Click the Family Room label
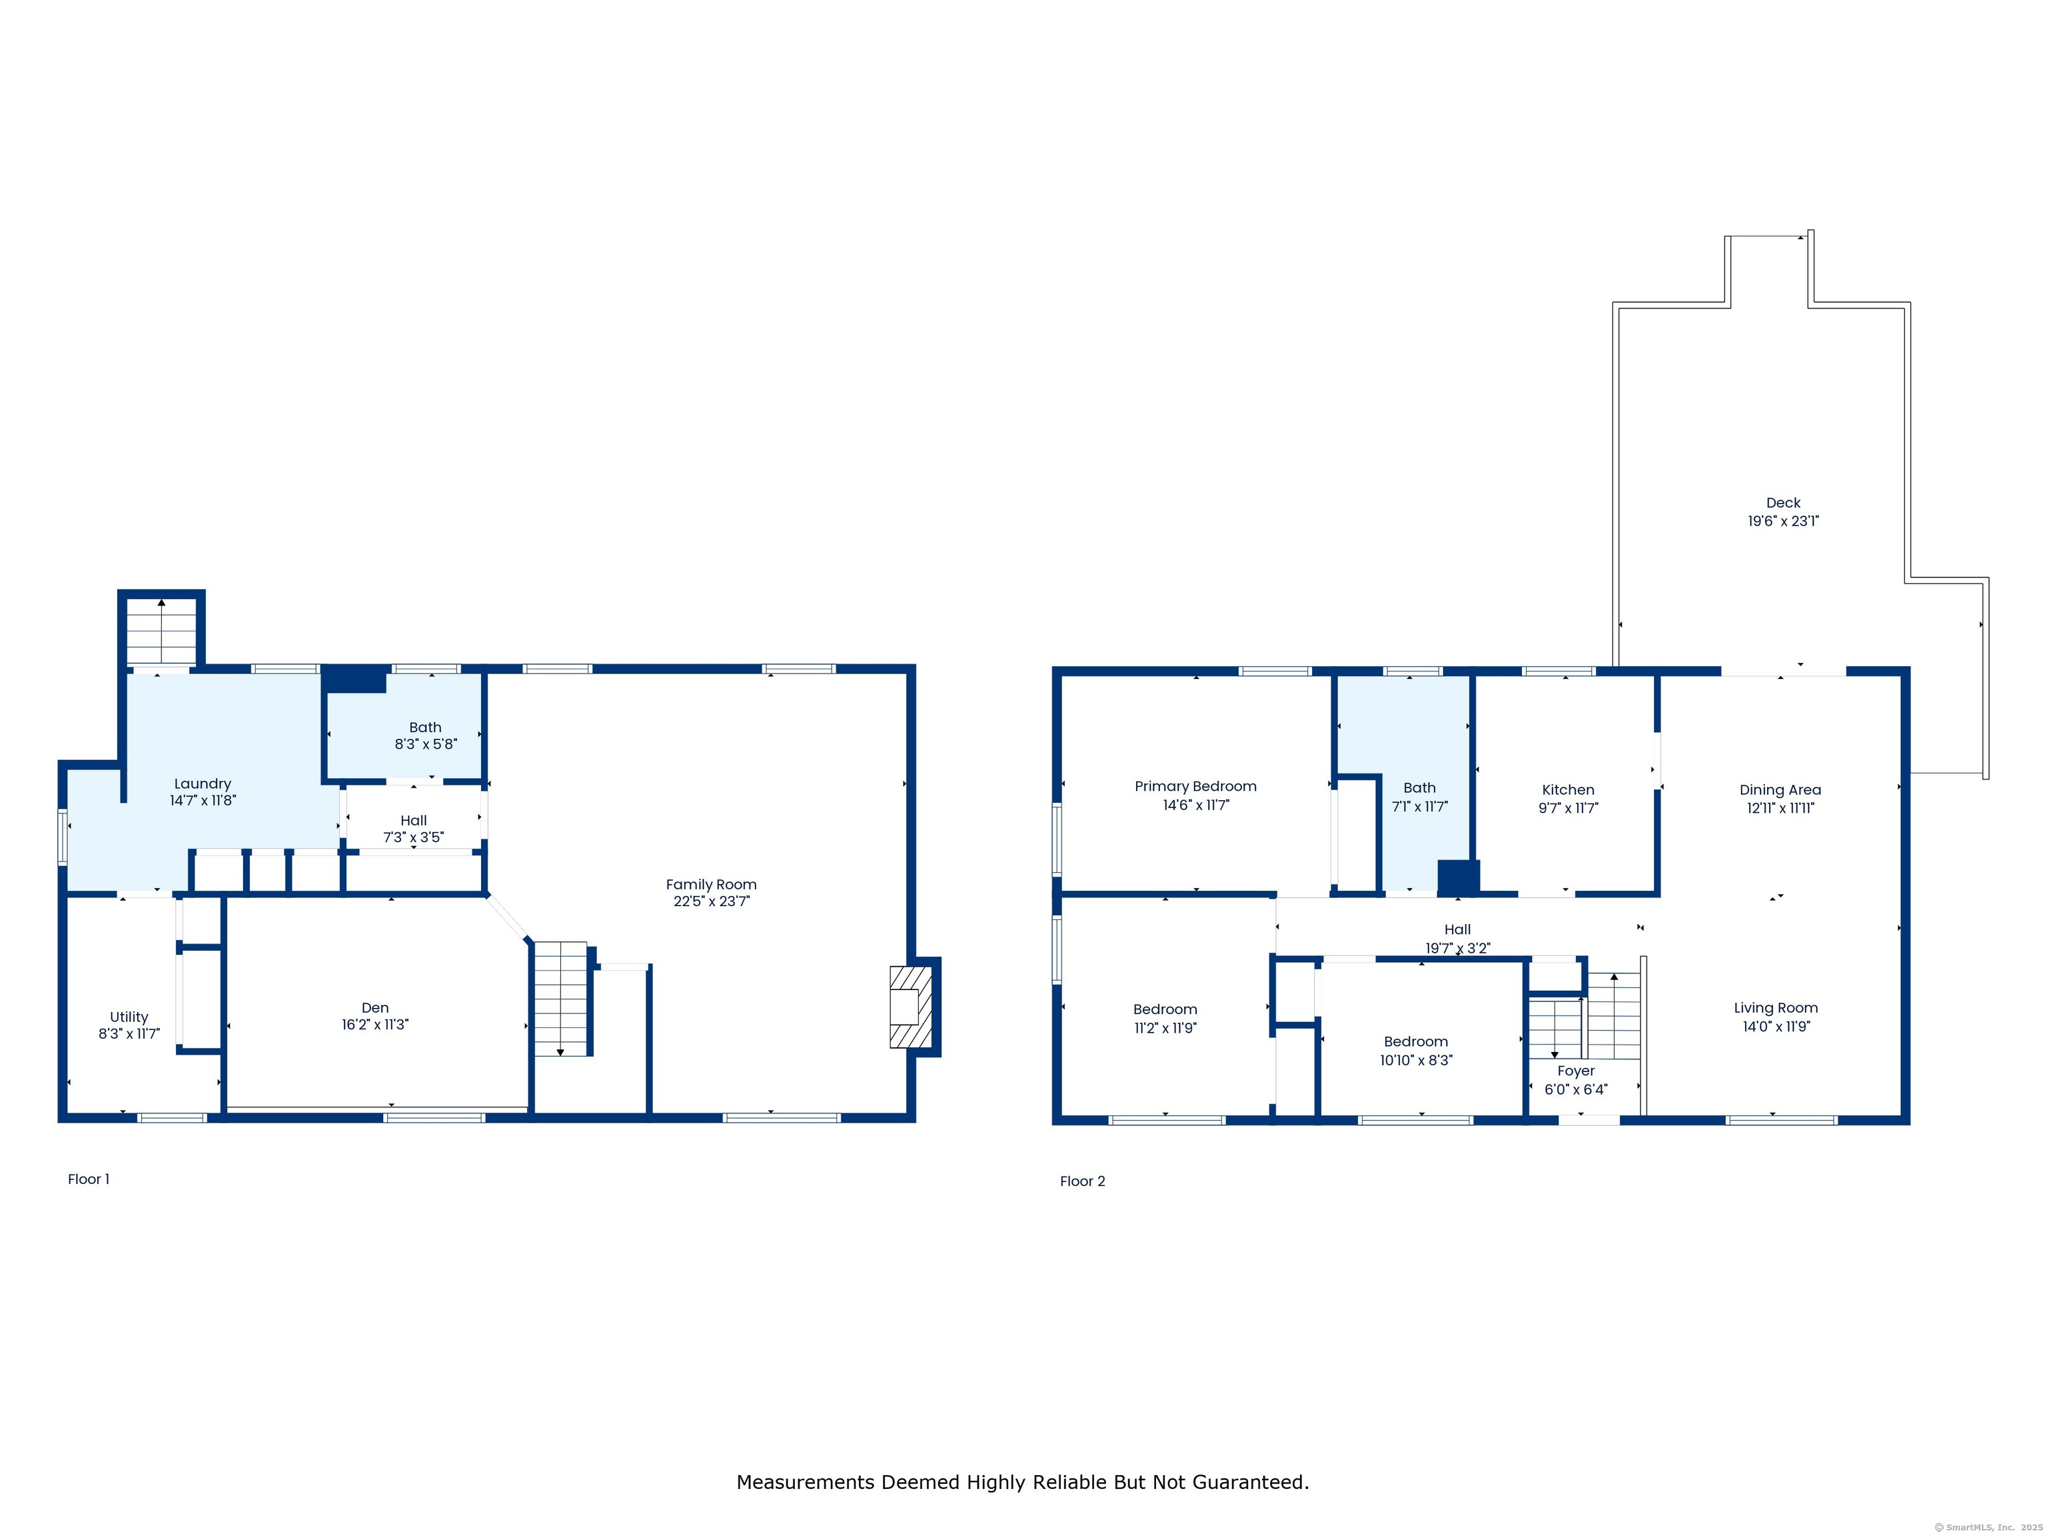(x=711, y=885)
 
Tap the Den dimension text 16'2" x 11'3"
(x=374, y=1024)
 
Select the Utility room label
(x=129, y=1017)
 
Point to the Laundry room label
(x=203, y=783)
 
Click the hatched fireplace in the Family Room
(x=911, y=1007)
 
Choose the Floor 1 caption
(x=88, y=1179)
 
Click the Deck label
(x=1783, y=502)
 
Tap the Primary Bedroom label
(x=1195, y=785)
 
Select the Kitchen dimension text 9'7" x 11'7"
(x=1569, y=807)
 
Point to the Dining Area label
(x=1780, y=789)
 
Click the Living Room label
(x=1776, y=1007)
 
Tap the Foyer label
(x=1576, y=1071)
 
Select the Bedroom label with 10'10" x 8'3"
(x=1416, y=1042)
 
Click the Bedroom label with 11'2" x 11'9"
(x=1165, y=1009)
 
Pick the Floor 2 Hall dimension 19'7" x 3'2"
(x=1457, y=947)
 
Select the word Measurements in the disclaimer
(x=806, y=1482)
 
